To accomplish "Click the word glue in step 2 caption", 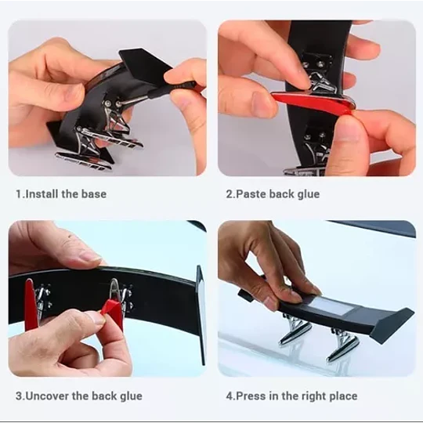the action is coord(309,194).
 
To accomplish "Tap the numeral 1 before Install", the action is coord(18,194).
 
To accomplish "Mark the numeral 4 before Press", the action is coord(230,396).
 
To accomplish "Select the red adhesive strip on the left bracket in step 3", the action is coord(30,305).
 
